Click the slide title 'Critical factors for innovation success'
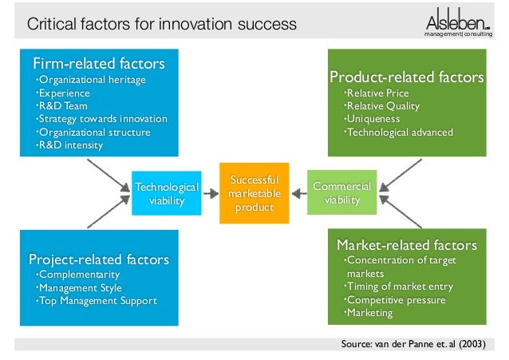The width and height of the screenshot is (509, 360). (x=162, y=25)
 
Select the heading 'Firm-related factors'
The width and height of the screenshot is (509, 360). (x=99, y=62)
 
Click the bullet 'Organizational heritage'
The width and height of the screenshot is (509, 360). (x=92, y=80)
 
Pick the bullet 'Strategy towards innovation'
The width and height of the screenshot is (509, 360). (x=103, y=119)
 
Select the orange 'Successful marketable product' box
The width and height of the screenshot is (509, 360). (x=251, y=194)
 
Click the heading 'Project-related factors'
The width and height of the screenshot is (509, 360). (x=99, y=259)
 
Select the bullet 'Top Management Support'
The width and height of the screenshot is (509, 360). (x=98, y=301)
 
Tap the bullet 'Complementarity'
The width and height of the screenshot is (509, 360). (x=78, y=275)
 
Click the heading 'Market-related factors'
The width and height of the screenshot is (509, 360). (x=407, y=244)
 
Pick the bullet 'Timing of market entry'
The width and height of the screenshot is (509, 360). (x=399, y=287)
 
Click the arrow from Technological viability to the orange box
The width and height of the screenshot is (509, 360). (x=211, y=193)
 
